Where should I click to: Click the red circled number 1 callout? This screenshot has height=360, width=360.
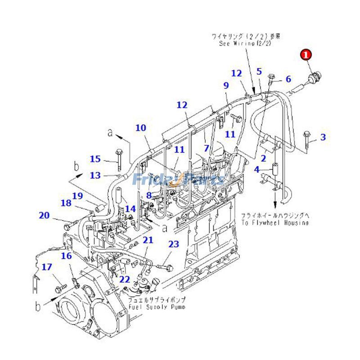tap(306, 55)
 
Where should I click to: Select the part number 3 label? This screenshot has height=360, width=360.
tap(323, 137)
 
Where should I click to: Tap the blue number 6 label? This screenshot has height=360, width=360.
tap(288, 79)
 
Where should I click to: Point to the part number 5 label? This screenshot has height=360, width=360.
tap(259, 71)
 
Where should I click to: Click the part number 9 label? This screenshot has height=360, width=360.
tap(226, 85)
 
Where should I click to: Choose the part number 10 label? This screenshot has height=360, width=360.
tap(141, 128)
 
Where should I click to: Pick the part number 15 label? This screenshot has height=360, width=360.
tap(95, 159)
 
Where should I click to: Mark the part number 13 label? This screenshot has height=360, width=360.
tap(95, 175)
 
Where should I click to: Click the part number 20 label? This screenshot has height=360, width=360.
tap(44, 216)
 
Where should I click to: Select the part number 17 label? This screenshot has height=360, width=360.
tap(47, 267)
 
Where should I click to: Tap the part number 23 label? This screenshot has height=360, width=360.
tap(174, 244)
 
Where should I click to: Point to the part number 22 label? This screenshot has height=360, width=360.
tap(125, 279)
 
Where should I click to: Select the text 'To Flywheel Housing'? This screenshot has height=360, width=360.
tap(274, 223)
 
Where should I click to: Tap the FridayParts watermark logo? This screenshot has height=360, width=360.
tap(178, 179)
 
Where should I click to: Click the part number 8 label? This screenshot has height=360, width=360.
tap(149, 195)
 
